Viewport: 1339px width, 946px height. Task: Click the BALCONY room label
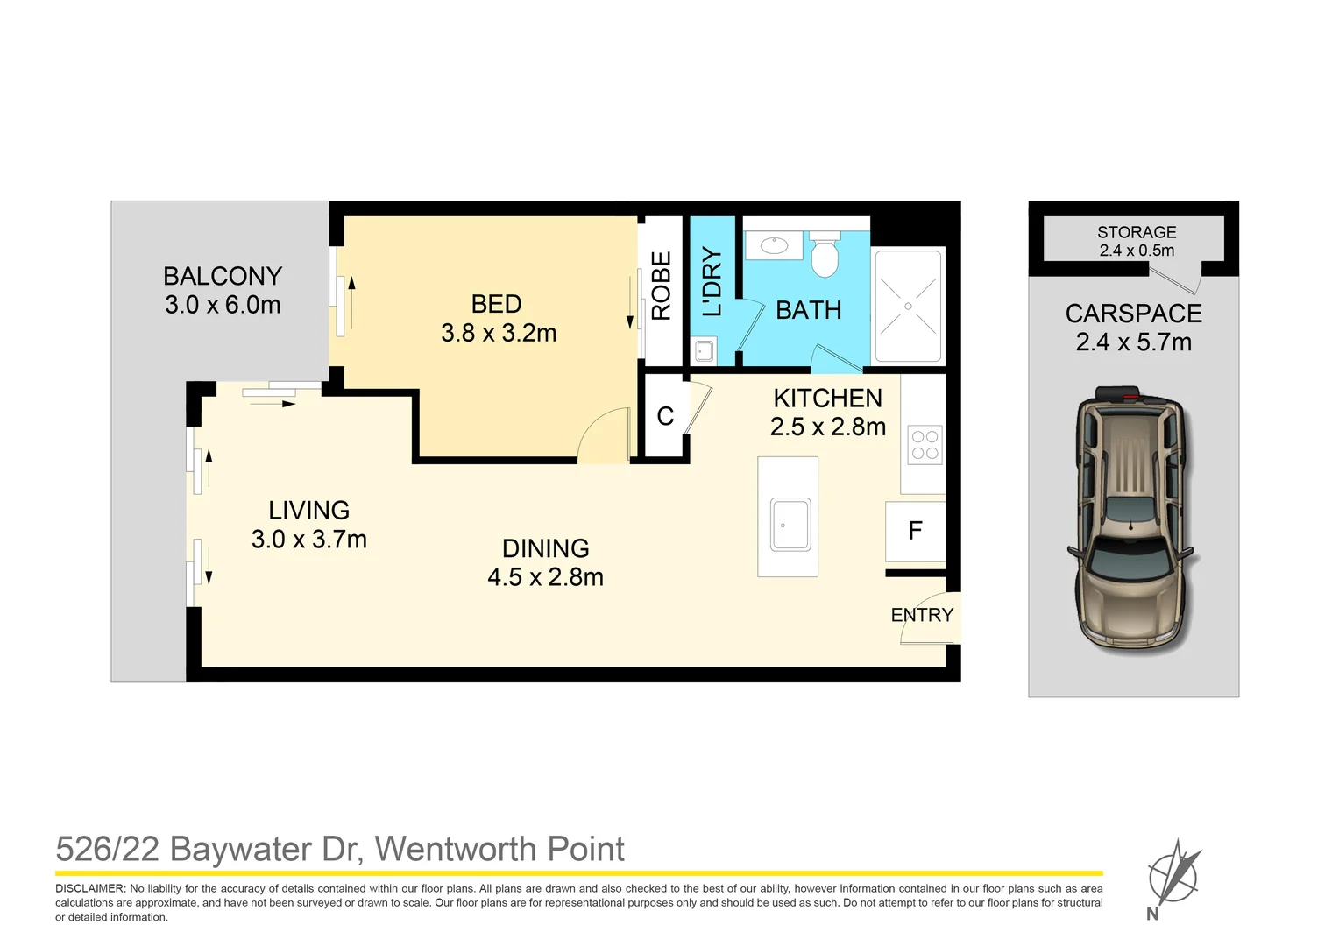[x=223, y=276]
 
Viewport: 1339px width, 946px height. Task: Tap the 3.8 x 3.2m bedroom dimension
[x=499, y=333]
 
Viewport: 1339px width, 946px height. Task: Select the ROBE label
[x=662, y=286]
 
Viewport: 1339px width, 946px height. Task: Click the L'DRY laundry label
[x=712, y=281]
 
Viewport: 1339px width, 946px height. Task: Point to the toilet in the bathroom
[x=825, y=257]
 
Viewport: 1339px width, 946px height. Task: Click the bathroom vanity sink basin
[x=775, y=245]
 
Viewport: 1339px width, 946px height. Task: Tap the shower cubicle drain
[x=908, y=307]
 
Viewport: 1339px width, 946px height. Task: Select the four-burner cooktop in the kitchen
[x=925, y=444]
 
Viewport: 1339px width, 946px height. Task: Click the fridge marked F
[x=915, y=531]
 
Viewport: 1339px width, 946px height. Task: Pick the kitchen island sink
[x=790, y=524]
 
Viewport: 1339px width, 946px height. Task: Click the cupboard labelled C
[x=665, y=416]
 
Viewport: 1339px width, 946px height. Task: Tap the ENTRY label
[x=922, y=615]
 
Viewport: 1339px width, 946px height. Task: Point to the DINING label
[x=545, y=548]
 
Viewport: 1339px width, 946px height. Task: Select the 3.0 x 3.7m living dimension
[x=308, y=540]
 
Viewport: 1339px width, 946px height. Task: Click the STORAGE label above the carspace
[x=1137, y=232]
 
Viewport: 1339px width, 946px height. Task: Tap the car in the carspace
[x=1131, y=517]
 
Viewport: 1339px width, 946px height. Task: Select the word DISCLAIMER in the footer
[x=90, y=888]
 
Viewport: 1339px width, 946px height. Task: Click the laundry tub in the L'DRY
[x=704, y=352]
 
